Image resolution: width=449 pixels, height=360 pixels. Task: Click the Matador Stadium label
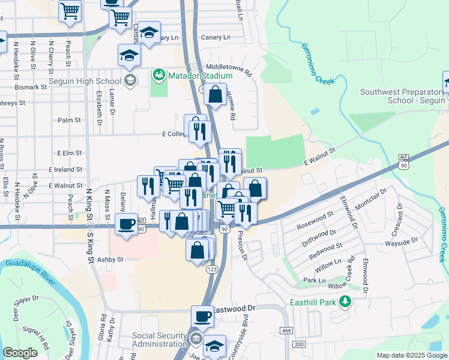click(200, 76)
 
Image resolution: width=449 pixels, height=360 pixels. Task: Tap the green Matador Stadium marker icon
click(159, 76)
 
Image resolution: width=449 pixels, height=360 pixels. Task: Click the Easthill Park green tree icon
click(345, 302)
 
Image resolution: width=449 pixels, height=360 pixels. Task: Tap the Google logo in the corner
click(20, 353)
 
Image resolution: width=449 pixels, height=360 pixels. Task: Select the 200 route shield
click(299, 343)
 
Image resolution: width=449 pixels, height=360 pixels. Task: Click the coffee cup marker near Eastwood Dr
click(202, 316)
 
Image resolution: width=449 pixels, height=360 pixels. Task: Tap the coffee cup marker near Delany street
click(126, 224)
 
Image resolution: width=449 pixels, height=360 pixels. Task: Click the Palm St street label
click(69, 120)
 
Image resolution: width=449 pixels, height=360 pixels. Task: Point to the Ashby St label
click(110, 259)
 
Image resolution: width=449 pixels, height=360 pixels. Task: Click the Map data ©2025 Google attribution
click(412, 355)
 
